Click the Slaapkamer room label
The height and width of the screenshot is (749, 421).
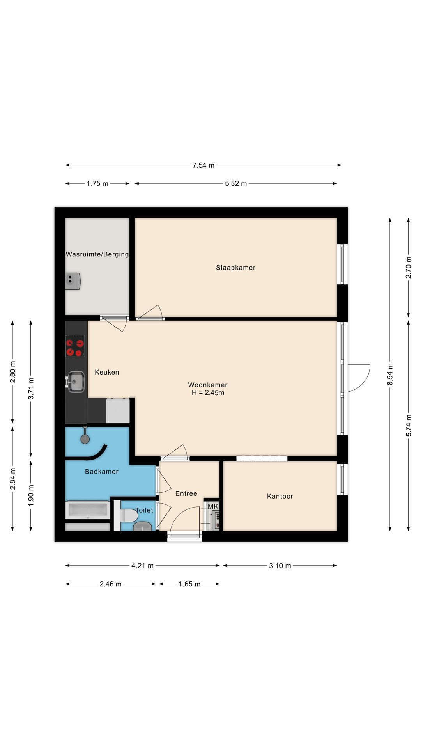(x=235, y=268)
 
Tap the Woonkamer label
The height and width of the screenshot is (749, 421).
(x=208, y=385)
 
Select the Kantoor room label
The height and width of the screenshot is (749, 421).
(x=280, y=496)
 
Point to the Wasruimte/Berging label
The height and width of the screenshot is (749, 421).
(x=97, y=254)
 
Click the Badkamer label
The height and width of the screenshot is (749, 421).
(x=102, y=472)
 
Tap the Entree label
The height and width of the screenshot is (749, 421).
(x=186, y=493)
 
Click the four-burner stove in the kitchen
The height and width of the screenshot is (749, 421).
(x=75, y=346)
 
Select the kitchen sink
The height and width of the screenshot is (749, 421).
(x=76, y=382)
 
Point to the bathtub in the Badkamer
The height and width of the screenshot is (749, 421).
(x=88, y=510)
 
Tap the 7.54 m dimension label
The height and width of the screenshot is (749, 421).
(x=203, y=165)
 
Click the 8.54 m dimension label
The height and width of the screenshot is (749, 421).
(x=390, y=374)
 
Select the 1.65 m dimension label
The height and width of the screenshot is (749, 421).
(x=189, y=584)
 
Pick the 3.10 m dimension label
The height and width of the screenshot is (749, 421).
(x=280, y=566)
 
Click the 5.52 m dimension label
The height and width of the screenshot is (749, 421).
(x=236, y=184)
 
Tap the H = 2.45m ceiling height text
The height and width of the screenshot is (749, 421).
(x=208, y=393)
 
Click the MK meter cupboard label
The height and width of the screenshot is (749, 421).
(x=213, y=506)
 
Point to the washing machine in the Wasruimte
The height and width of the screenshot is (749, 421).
(x=73, y=281)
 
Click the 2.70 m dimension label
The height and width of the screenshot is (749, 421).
(x=409, y=268)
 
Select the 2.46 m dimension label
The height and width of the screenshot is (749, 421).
(x=110, y=584)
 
